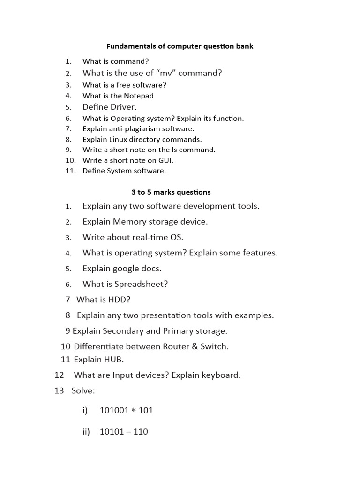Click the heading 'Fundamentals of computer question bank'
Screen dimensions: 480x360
[180, 46]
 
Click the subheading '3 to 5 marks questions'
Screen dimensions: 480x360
[171, 192]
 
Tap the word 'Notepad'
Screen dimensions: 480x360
[139, 96]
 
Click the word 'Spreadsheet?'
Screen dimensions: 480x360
[141, 284]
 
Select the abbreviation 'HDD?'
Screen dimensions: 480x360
[119, 300]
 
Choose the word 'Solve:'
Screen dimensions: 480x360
[83, 390]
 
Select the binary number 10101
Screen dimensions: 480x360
[111, 432]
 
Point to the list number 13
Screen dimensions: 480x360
[59, 390]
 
